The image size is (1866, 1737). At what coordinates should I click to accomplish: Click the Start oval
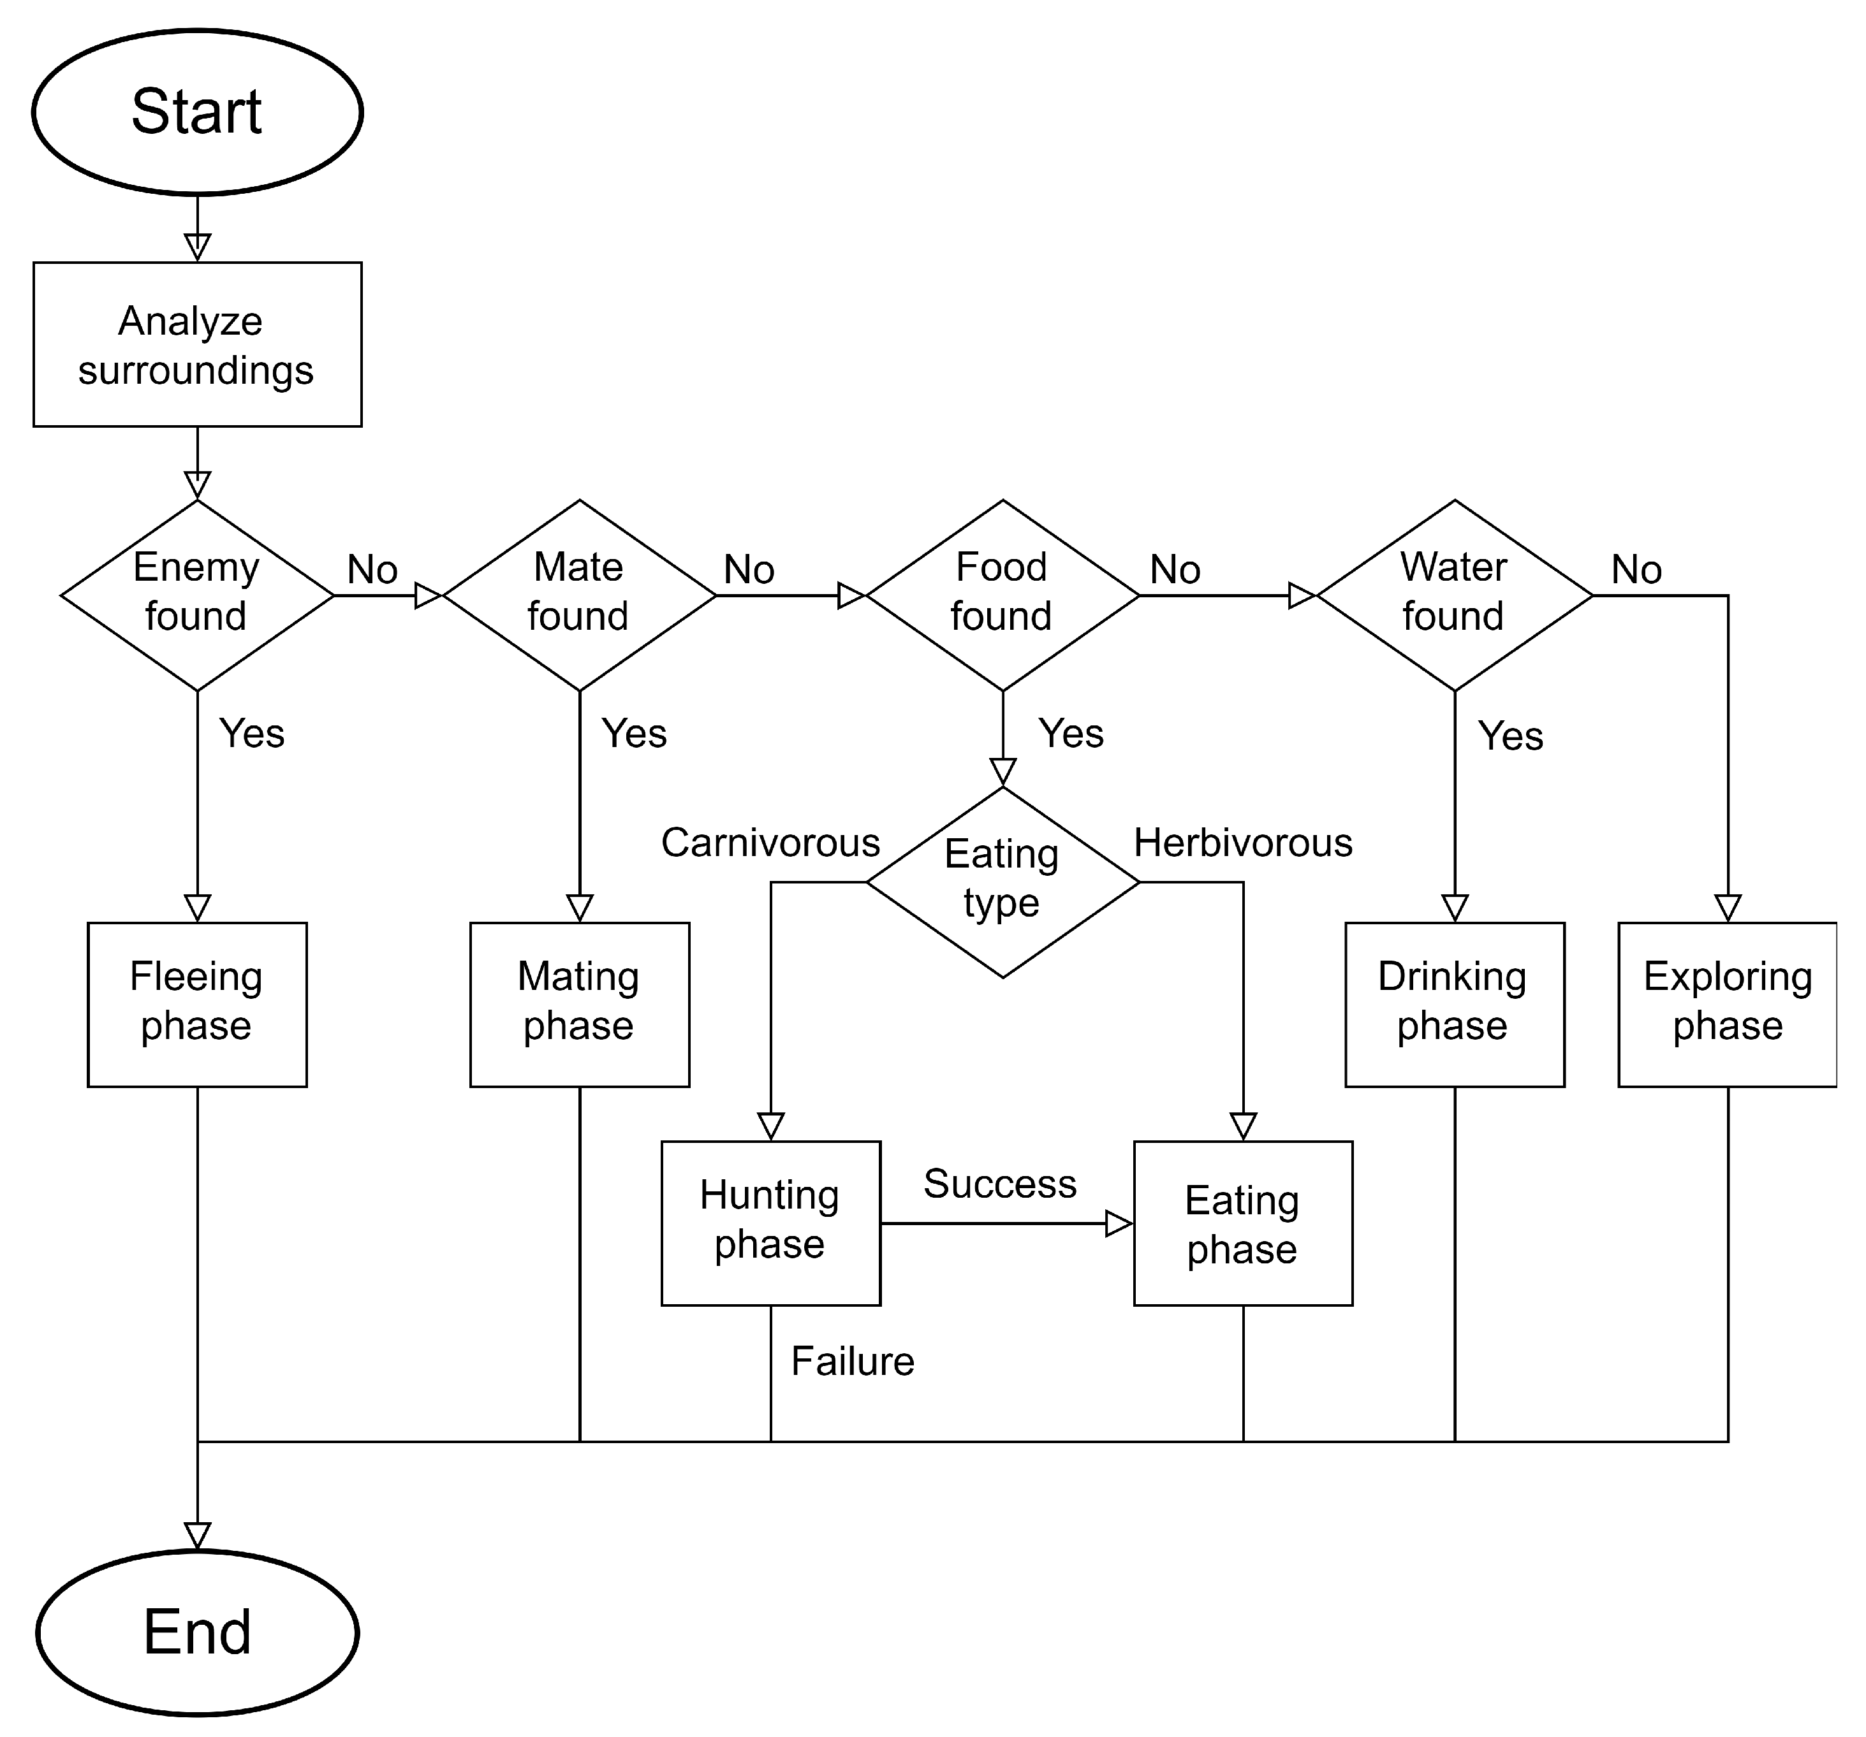click(197, 112)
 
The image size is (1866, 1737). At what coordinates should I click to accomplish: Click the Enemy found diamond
click(197, 595)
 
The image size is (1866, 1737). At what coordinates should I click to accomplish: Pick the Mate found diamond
click(579, 595)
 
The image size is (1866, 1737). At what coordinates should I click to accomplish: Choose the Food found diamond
click(1003, 595)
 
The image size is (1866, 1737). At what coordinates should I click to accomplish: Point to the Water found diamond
click(1454, 595)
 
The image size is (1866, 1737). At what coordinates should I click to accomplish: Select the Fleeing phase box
click(197, 1004)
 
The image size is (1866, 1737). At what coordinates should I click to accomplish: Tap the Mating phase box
click(579, 1004)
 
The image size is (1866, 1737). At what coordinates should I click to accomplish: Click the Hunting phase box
click(770, 1222)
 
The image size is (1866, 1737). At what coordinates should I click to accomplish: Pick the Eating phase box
click(1243, 1222)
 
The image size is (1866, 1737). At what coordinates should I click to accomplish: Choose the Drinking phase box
click(1454, 1004)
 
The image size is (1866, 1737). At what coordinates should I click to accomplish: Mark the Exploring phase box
click(1727, 1004)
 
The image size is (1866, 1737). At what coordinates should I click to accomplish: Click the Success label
click(1000, 1183)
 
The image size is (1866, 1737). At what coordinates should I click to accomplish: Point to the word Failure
click(852, 1361)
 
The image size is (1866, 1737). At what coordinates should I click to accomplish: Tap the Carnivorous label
click(770, 843)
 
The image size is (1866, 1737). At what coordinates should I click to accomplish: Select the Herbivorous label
click(1243, 843)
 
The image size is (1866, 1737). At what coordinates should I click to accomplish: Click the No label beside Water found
click(1636, 570)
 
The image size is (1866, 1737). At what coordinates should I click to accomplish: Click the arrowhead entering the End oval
click(197, 1535)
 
